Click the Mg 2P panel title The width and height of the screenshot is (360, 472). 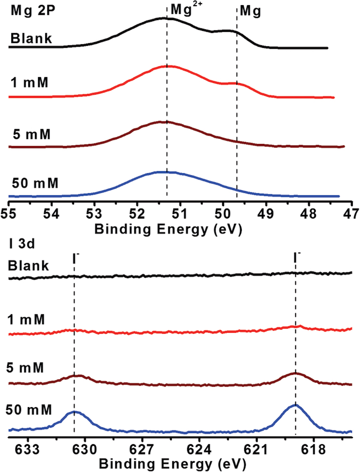point(29,12)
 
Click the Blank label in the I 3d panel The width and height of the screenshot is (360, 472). point(28,266)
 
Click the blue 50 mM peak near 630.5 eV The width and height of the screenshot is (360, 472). point(75,412)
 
